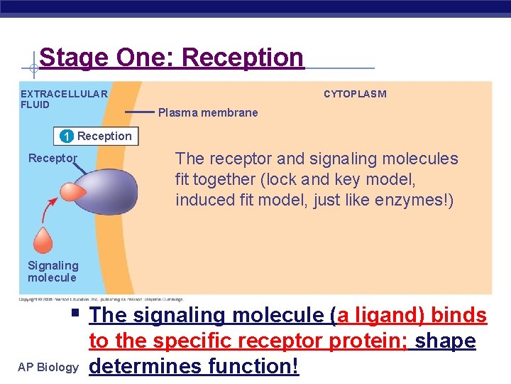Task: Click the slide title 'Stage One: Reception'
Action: coord(171,58)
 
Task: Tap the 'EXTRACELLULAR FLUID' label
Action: coord(64,99)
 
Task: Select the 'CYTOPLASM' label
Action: coord(355,94)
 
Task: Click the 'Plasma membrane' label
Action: coord(208,112)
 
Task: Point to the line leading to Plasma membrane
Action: coord(139,112)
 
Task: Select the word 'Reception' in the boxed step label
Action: coord(104,136)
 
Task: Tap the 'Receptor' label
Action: coord(53,158)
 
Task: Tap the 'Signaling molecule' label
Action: coord(53,271)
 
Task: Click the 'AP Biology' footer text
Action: coord(48,367)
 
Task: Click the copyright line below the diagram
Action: coord(101,299)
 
